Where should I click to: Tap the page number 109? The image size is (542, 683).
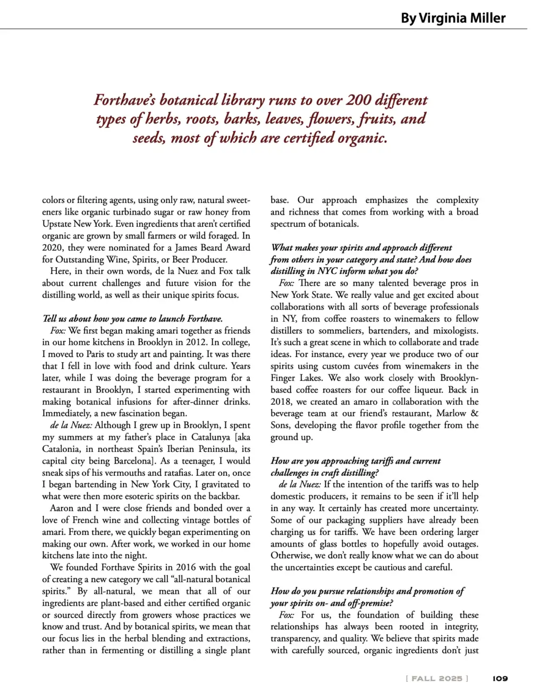(x=500, y=678)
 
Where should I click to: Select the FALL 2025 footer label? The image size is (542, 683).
(x=437, y=678)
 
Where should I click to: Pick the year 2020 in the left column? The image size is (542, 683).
(x=53, y=247)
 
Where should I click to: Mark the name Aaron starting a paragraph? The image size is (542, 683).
(x=62, y=508)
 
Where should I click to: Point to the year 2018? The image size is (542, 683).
(x=282, y=402)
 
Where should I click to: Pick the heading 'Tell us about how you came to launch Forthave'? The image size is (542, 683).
(x=132, y=319)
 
